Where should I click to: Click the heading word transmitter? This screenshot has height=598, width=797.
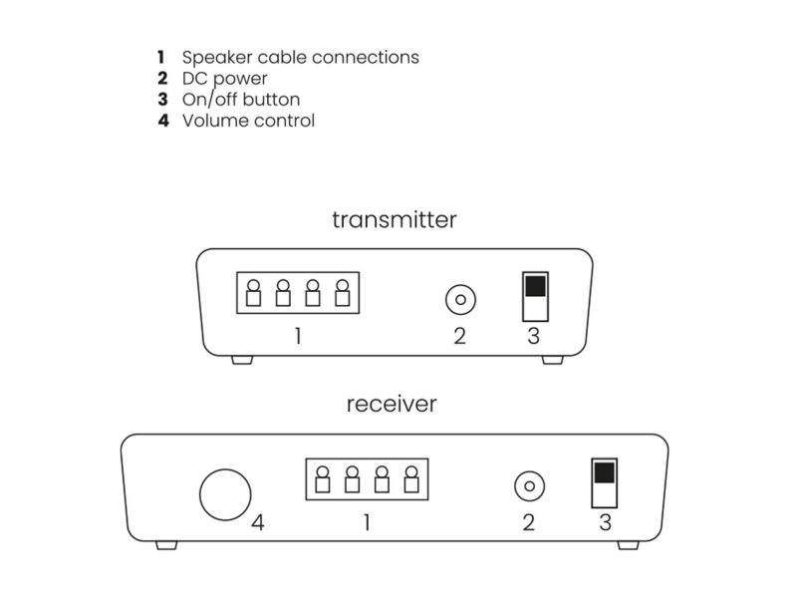coord(395,219)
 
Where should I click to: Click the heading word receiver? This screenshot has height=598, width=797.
coord(392,405)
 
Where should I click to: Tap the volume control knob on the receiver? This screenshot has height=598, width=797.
coord(225,494)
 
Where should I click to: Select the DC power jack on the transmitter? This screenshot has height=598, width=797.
coord(460,300)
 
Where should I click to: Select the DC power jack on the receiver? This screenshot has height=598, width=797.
coord(530,486)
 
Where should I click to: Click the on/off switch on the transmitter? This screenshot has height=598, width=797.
coord(535,296)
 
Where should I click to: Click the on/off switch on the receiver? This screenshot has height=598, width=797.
coord(605,483)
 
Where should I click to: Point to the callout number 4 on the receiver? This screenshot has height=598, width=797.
coord(258,522)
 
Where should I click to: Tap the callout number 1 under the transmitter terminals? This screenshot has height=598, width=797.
coord(298,336)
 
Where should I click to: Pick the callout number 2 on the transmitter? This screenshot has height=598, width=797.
coord(459,336)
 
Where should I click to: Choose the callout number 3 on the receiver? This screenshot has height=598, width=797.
coord(605,522)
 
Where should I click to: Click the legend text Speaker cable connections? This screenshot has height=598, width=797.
coord(301,58)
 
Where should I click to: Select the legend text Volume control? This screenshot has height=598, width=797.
coord(248,121)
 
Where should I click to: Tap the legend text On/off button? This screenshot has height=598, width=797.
coord(241,99)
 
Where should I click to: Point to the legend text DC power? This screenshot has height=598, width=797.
coord(225,79)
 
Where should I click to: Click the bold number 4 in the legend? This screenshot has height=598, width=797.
coord(163,121)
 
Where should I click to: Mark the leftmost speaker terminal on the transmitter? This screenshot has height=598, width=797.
coord(253,293)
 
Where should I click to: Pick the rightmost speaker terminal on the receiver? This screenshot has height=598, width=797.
coord(411,479)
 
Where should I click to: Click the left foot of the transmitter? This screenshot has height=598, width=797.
coord(242,360)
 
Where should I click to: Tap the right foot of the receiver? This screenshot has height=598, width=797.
coord(628,545)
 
